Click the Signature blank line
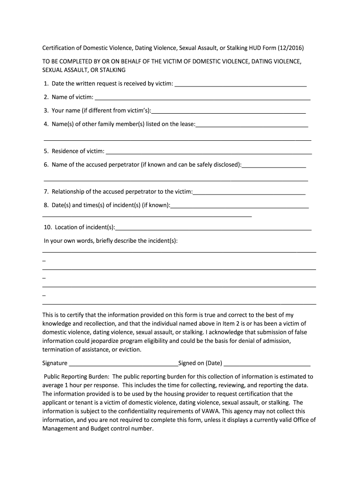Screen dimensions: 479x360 pyautogui.click(x=123, y=363)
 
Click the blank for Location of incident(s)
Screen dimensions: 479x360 pyautogui.click(x=213, y=227)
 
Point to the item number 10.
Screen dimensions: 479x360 pyautogui.click(x=47, y=227)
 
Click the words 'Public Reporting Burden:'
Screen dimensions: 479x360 pyautogui.click(x=76, y=377)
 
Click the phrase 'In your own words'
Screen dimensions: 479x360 pyautogui.click(x=68, y=240)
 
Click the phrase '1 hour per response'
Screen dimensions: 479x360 pyautogui.click(x=90, y=385)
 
